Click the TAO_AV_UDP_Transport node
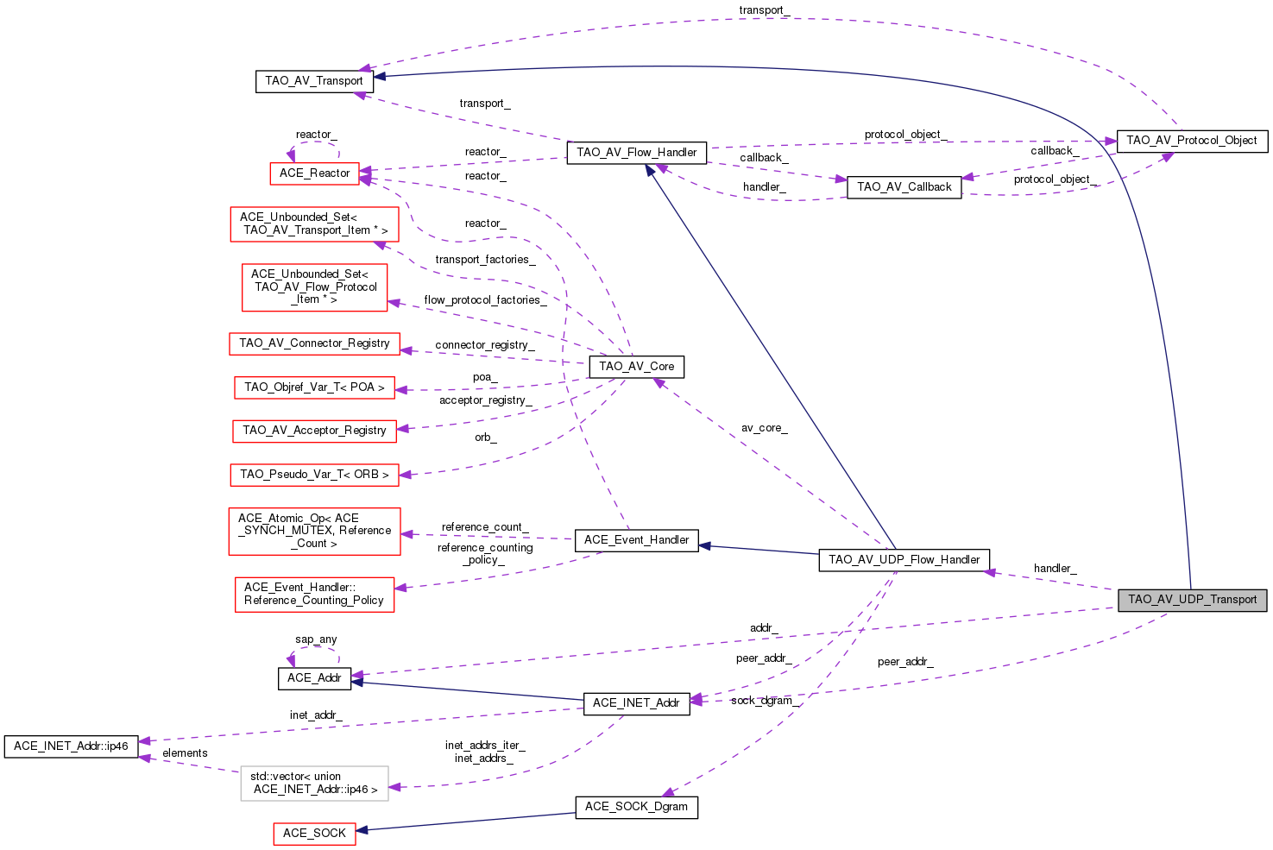(x=1192, y=600)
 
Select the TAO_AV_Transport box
(x=314, y=81)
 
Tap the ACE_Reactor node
(x=314, y=173)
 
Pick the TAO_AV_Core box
(x=637, y=367)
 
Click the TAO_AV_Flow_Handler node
(x=636, y=153)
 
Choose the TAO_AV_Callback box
(x=904, y=187)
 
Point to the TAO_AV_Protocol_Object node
(x=1191, y=141)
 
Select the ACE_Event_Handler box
(x=636, y=540)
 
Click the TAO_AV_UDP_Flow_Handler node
(x=904, y=560)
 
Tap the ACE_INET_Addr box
(x=636, y=703)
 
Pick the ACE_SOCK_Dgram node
(x=636, y=807)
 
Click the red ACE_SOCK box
(x=314, y=834)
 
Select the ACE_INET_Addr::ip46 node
(x=71, y=746)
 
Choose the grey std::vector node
(x=314, y=784)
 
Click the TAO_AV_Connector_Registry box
(x=314, y=343)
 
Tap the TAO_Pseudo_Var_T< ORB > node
(x=314, y=475)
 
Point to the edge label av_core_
(x=764, y=428)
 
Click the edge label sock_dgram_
(x=761, y=701)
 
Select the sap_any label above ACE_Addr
(x=316, y=639)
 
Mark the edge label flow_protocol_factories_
(x=485, y=300)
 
